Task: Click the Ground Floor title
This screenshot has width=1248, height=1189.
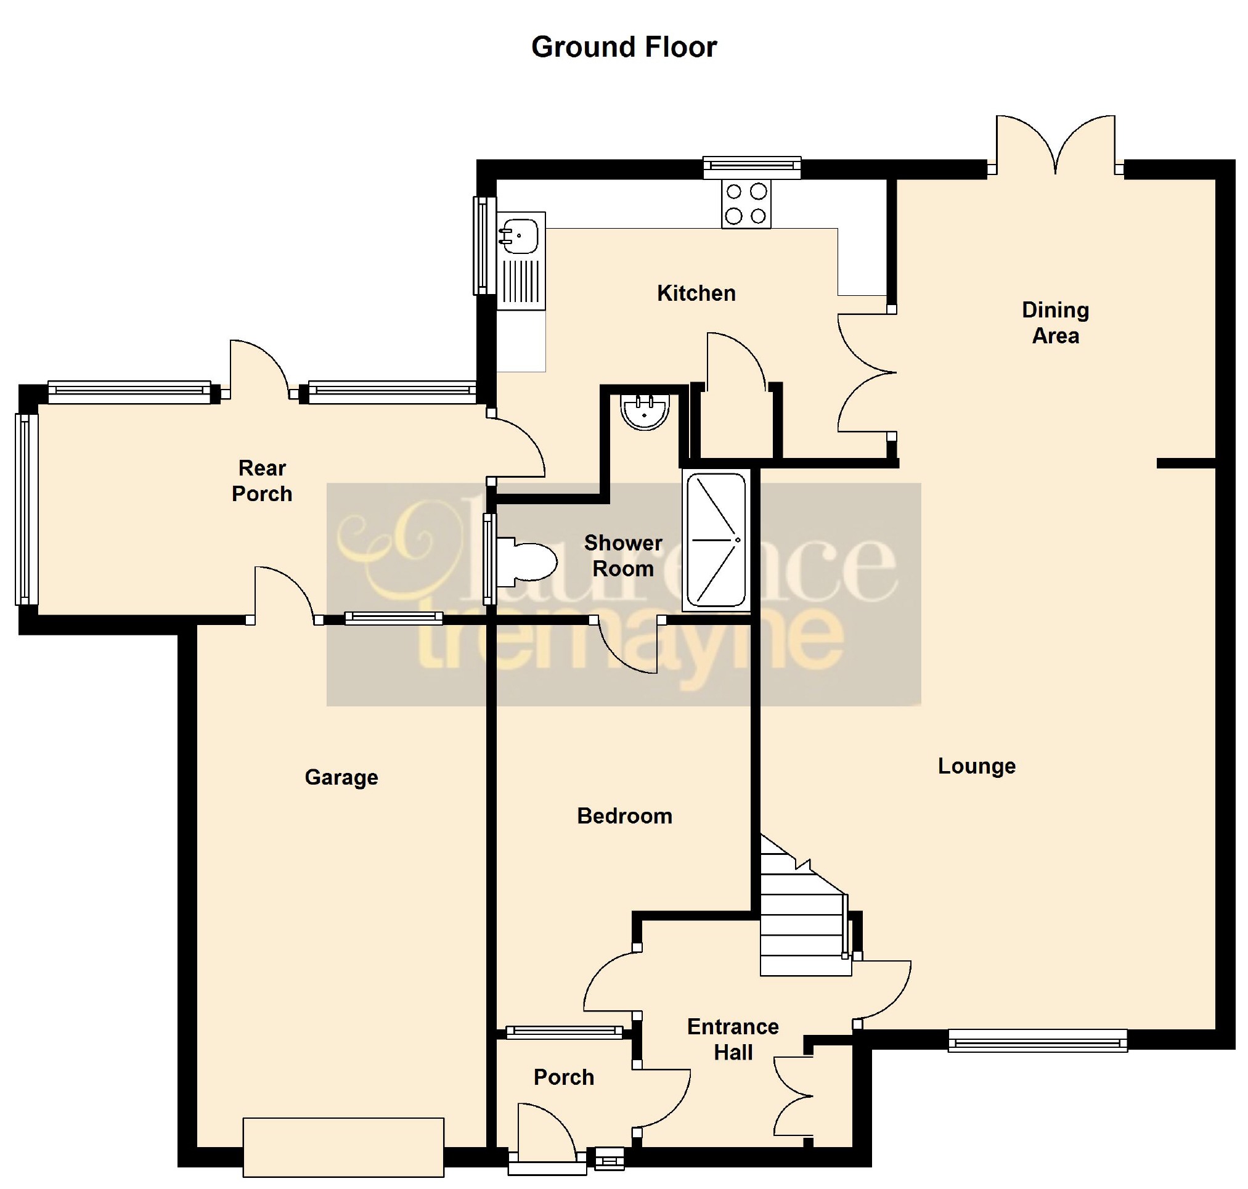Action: [624, 47]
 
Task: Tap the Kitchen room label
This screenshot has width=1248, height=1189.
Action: [696, 293]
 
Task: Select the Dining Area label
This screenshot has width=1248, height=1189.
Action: [1055, 322]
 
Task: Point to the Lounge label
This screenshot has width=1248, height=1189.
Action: [976, 766]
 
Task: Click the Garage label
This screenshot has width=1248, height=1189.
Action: [341, 777]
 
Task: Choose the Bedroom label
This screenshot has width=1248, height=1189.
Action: [624, 815]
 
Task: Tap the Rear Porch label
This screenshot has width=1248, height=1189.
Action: [262, 480]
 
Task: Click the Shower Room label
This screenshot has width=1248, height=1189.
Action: [623, 555]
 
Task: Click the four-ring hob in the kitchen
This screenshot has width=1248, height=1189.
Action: [746, 203]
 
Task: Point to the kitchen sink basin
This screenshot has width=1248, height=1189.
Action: [518, 234]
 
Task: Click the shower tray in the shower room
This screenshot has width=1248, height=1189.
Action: [716, 540]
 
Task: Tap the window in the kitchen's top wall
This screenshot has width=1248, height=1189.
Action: [752, 167]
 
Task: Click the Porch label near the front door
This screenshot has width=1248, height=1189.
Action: [563, 1077]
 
